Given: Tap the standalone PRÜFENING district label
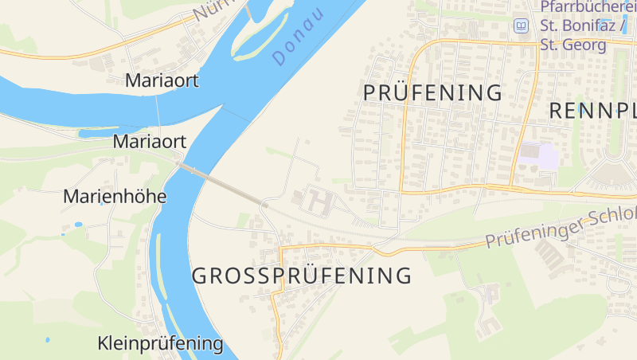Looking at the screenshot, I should (x=432, y=92).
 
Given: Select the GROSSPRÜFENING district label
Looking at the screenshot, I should (x=302, y=276).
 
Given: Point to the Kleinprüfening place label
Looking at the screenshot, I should (x=160, y=344).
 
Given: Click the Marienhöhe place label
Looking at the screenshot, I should (x=115, y=196).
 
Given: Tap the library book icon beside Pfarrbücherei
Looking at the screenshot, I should (x=521, y=25).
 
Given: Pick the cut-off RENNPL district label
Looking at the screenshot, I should (x=593, y=112).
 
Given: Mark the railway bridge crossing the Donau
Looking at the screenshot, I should (x=220, y=182).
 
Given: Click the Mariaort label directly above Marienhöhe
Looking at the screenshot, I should (x=150, y=142).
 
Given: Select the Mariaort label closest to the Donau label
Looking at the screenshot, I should (x=162, y=80).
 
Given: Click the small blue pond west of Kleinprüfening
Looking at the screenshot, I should (x=48, y=340).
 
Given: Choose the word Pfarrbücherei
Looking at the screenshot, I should (x=588, y=7).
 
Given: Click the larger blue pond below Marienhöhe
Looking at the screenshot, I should (x=78, y=225).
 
